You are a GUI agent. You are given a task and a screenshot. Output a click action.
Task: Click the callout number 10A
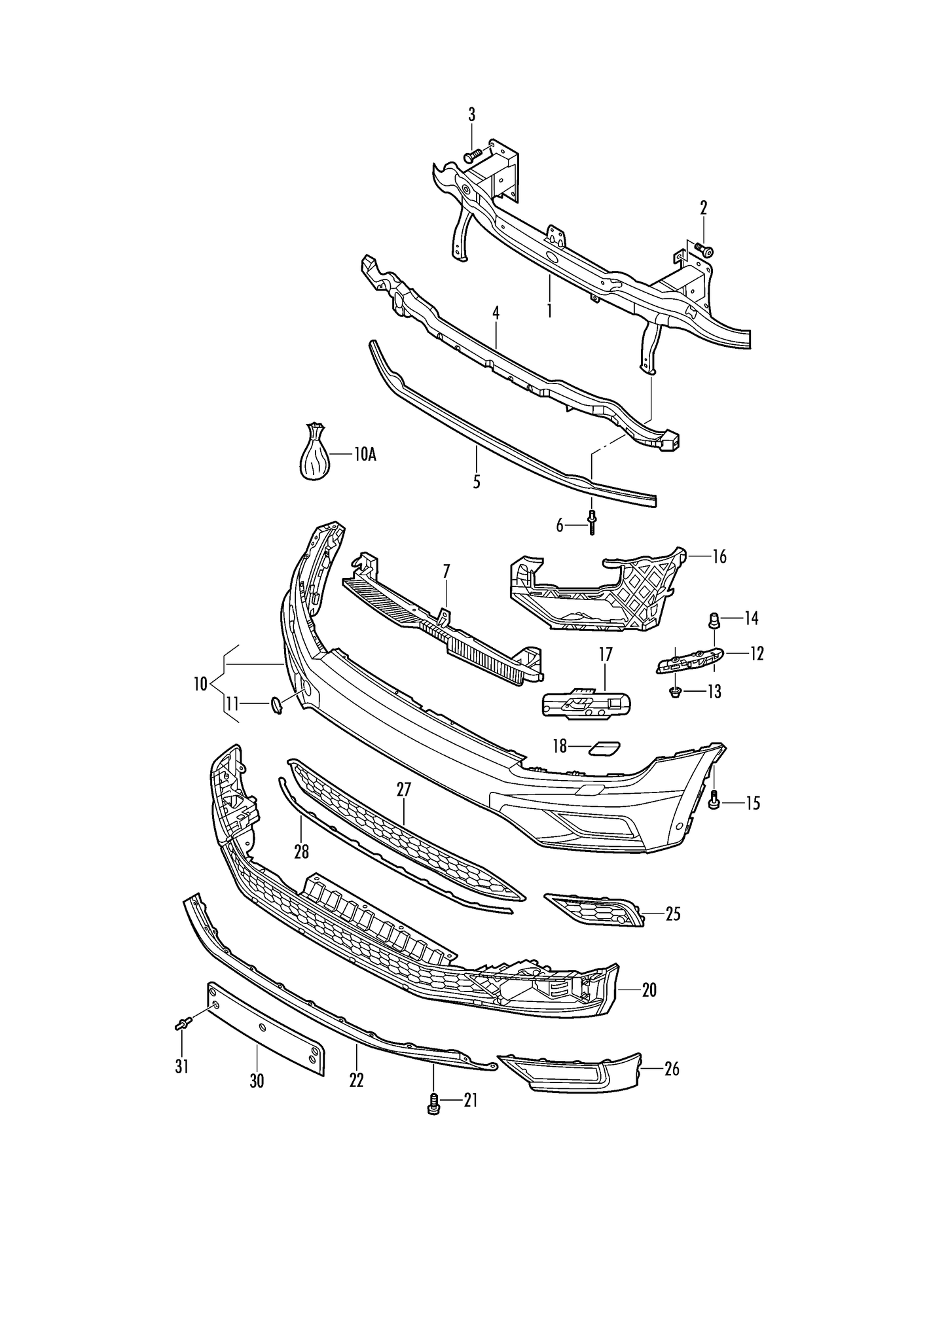coord(365,454)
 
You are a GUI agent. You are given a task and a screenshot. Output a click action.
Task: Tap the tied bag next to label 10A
coord(314,454)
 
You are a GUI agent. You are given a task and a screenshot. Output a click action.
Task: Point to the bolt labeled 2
coord(704,249)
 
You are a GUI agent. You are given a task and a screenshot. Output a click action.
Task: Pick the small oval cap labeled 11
coord(277,705)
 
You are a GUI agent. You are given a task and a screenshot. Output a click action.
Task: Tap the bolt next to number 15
coord(715,800)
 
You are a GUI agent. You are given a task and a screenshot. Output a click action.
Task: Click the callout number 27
coord(403,790)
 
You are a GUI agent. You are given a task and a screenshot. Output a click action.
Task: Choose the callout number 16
coord(719,557)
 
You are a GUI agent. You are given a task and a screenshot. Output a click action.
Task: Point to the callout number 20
coord(648,990)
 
